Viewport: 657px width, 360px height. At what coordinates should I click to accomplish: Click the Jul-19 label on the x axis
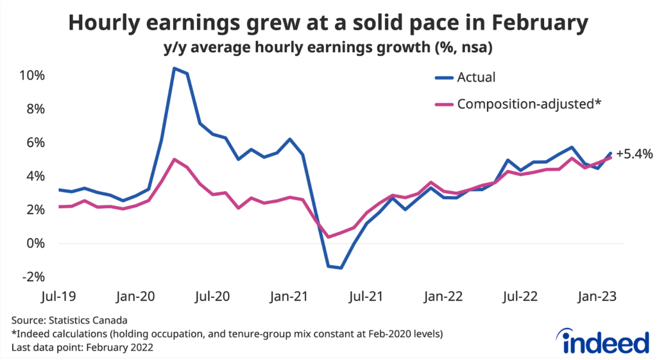point(58,296)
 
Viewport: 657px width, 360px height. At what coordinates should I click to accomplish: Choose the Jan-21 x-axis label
point(287,296)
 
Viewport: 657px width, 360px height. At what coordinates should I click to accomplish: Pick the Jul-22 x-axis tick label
point(520,296)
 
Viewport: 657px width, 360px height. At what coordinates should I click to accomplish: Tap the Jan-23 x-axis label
point(595,296)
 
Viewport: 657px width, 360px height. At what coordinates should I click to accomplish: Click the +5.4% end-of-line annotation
point(634,154)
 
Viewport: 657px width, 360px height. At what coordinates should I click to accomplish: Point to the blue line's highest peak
point(174,68)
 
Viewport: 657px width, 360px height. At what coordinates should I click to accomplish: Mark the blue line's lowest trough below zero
point(341,268)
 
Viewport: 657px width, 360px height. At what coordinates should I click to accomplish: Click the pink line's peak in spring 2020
point(174,159)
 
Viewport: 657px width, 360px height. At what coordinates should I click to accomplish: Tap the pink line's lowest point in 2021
point(328,237)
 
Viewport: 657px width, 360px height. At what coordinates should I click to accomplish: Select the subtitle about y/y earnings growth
point(328,48)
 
